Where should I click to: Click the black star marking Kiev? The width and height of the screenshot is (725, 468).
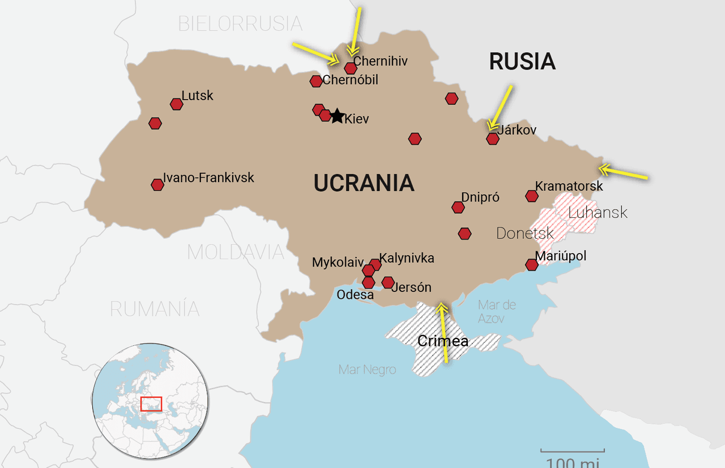(x=337, y=117)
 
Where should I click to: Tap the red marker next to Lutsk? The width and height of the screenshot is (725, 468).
(x=177, y=104)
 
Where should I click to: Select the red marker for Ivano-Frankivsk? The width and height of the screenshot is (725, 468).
(x=157, y=184)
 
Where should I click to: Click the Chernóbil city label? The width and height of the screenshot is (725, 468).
(x=350, y=80)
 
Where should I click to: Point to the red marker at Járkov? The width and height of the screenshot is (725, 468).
(x=493, y=139)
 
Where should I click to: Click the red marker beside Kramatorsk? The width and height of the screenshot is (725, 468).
(x=531, y=196)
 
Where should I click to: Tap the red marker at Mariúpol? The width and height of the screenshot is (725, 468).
(x=531, y=265)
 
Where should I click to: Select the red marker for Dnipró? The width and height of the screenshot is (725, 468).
(x=458, y=208)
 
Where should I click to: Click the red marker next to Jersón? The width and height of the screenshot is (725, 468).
(x=388, y=282)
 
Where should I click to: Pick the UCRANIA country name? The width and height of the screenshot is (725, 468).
(x=364, y=183)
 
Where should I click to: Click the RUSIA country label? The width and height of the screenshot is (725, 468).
(x=522, y=62)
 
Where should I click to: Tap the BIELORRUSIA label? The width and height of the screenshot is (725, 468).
(x=240, y=24)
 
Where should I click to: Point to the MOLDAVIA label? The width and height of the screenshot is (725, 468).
(x=236, y=252)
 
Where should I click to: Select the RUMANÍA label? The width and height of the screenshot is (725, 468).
(x=155, y=309)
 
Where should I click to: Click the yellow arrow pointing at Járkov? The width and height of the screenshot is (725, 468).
(x=501, y=108)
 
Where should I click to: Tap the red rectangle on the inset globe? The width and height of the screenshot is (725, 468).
(x=151, y=404)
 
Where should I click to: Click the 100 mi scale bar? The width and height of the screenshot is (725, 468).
(x=572, y=452)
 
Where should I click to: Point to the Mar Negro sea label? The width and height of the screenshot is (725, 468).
(x=367, y=370)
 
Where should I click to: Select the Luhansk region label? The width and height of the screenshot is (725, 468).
(x=598, y=213)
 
